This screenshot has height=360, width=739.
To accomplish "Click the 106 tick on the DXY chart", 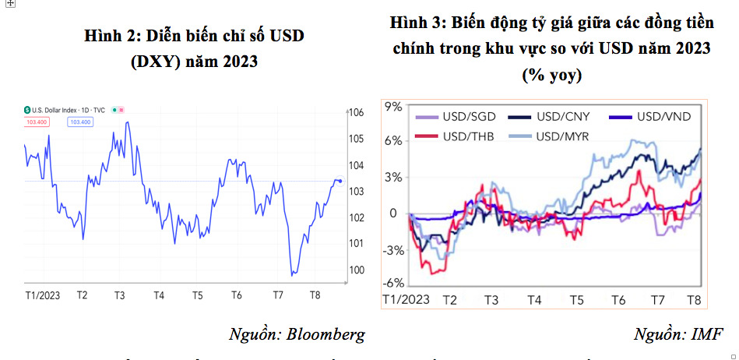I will pyautogui.click(x=357, y=113).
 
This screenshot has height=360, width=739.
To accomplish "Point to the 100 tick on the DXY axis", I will pyautogui.click(x=357, y=270).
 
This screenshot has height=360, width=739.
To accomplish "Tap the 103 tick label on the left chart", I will pyautogui.click(x=357, y=192).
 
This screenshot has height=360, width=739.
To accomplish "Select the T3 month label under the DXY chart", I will pyautogui.click(x=119, y=295).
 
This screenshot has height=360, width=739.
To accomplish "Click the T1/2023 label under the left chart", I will pyautogui.click(x=44, y=295).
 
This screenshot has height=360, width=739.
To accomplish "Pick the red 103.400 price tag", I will pyautogui.click(x=37, y=122).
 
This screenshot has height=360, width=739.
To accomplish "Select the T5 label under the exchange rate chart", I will pyautogui.click(x=576, y=300).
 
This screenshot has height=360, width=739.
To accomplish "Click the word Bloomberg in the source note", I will pyautogui.click(x=325, y=335).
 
